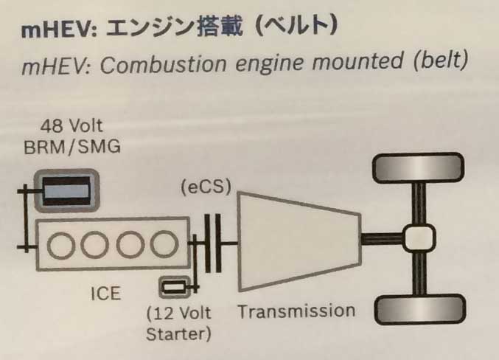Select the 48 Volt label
[71, 128]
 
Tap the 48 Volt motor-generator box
[67, 190]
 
